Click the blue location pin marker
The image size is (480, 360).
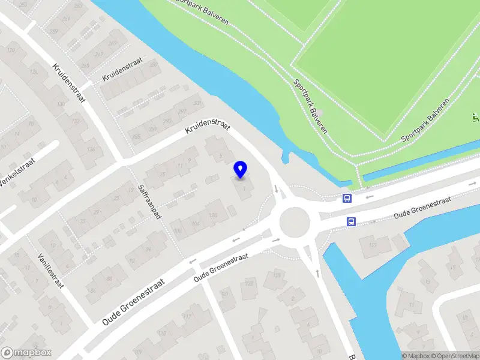(x=241, y=170)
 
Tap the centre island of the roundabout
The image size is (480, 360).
(x=295, y=222)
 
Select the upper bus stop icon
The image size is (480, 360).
(x=346, y=199)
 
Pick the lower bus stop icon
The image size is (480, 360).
(x=350, y=222)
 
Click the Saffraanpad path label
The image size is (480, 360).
(x=149, y=201)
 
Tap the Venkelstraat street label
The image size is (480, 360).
(x=17, y=172)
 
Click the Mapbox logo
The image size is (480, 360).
(x=26, y=353)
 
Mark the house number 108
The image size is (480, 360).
(x=212, y=215)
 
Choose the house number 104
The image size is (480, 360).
(x=195, y=223)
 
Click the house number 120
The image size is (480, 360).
(x=11, y=49)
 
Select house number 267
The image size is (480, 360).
(x=100, y=54)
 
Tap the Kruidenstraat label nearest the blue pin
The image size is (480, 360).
(x=208, y=127)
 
